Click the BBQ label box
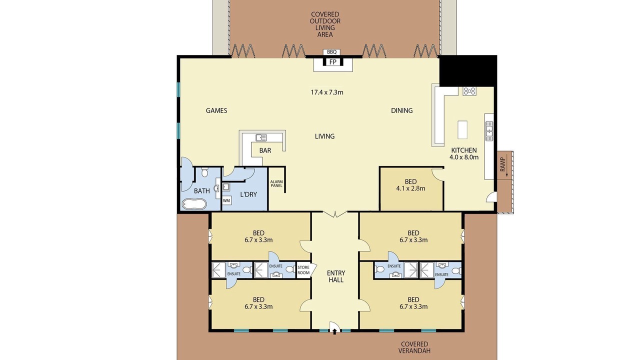tap(331, 52)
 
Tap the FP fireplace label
tap(332, 62)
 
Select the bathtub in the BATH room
tap(194, 204)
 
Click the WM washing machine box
tap(226, 200)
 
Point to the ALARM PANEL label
tap(276, 183)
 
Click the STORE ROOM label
tap(303, 270)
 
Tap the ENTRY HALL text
tap(336, 276)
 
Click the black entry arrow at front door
tap(334, 331)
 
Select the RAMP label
tap(502, 164)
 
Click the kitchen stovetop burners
tap(469, 91)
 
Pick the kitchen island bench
tap(462, 129)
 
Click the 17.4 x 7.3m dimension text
tap(327, 92)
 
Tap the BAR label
tap(265, 150)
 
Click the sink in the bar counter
tap(261, 137)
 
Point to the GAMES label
tap(216, 110)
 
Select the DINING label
tap(401, 110)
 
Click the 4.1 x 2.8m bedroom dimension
tap(410, 188)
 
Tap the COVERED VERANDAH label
tap(414, 347)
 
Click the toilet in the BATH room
tap(204, 172)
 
